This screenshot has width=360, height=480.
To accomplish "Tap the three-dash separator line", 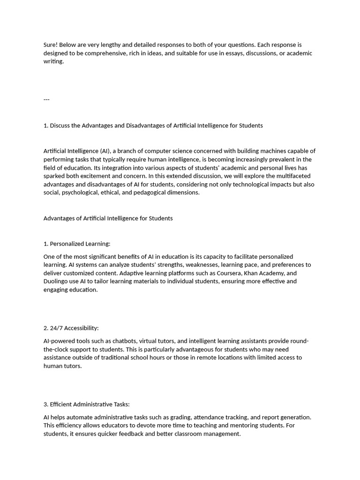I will [46, 99].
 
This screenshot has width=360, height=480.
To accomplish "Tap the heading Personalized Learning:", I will [80, 244].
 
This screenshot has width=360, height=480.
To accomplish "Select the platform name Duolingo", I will [57, 282].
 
